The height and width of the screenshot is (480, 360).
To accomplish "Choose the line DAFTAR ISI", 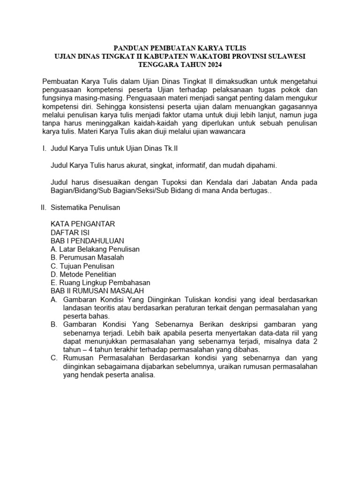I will (x=70, y=232).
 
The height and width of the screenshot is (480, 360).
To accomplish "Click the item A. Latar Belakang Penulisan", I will (x=95, y=249).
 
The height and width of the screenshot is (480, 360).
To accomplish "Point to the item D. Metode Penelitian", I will (x=83, y=274).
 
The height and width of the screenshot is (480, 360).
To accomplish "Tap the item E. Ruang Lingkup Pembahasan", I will (x=100, y=283).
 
